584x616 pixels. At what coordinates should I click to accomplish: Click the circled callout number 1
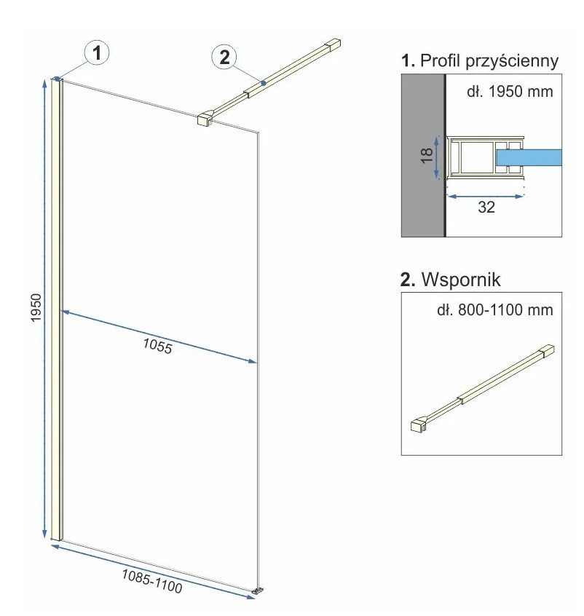coord(97,52)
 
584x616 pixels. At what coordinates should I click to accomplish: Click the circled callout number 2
coord(224,58)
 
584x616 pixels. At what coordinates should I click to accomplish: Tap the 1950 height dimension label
coord(36,307)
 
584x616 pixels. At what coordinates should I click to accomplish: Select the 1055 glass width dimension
coord(157,346)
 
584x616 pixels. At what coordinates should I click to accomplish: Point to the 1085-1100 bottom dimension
coord(151,581)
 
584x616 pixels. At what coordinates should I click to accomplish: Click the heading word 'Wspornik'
coord(461,280)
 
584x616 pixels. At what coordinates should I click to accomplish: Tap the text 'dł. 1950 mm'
coord(510,92)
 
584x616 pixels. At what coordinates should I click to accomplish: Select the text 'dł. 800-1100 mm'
coord(494,310)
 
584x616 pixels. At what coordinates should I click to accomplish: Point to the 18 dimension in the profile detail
coord(427,155)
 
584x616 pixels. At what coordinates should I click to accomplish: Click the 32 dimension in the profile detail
coord(486,207)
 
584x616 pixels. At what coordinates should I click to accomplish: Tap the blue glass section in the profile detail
coord(529,157)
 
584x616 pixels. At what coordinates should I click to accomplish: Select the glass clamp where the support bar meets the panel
coord(205,119)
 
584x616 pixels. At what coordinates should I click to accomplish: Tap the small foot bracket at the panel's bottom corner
coord(258,590)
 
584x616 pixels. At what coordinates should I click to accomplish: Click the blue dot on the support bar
coord(264,83)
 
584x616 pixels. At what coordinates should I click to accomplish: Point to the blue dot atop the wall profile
coord(58,79)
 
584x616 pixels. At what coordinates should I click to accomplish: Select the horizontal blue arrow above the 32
coord(486,196)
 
